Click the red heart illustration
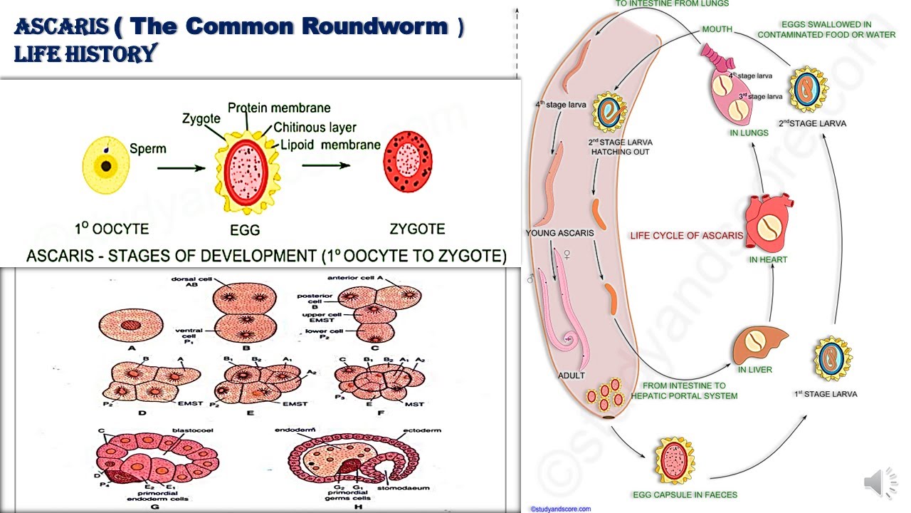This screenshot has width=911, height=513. point(767,222)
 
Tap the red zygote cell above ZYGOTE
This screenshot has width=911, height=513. point(412,165)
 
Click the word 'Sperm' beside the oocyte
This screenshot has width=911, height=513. point(148,149)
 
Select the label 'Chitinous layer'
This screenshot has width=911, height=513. point(313,128)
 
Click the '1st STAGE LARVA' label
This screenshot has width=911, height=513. point(826,393)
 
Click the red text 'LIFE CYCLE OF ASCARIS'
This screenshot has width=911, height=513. point(686,235)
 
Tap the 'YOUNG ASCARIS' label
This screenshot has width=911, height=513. point(555,233)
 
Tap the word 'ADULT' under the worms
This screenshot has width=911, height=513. point(572,375)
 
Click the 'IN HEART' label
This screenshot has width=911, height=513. point(768,259)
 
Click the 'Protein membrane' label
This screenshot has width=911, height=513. point(279,108)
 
